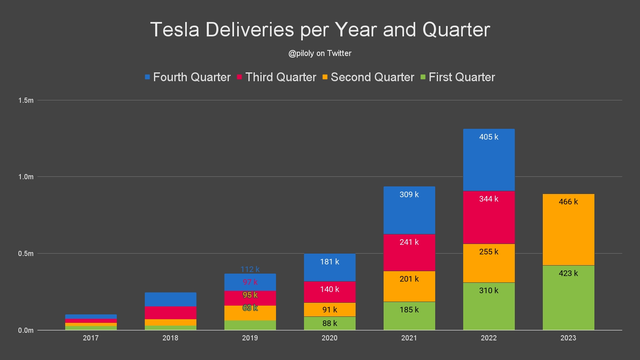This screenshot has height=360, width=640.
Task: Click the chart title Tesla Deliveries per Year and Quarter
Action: (x=320, y=30)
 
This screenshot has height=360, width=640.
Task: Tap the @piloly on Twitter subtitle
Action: (x=320, y=53)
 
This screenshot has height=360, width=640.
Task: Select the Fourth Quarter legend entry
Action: (x=188, y=77)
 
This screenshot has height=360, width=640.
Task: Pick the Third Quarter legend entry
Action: (x=277, y=77)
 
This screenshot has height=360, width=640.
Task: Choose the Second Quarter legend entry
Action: (x=368, y=77)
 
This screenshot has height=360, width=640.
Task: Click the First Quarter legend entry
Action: (x=458, y=77)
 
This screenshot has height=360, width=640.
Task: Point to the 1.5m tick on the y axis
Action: (x=26, y=100)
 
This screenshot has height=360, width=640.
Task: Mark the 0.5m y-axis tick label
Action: (x=26, y=254)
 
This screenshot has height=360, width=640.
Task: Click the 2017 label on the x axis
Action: (x=91, y=338)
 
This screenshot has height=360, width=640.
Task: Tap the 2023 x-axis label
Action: (x=568, y=338)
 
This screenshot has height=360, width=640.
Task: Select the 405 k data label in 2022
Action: (x=489, y=137)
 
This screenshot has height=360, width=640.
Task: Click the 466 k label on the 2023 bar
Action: (x=568, y=202)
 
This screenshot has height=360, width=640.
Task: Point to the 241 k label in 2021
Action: (x=409, y=242)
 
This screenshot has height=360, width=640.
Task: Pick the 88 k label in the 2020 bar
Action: (x=330, y=323)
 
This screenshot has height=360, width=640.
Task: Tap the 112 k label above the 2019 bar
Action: (x=250, y=269)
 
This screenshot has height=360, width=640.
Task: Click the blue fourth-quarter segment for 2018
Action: (x=170, y=299)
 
